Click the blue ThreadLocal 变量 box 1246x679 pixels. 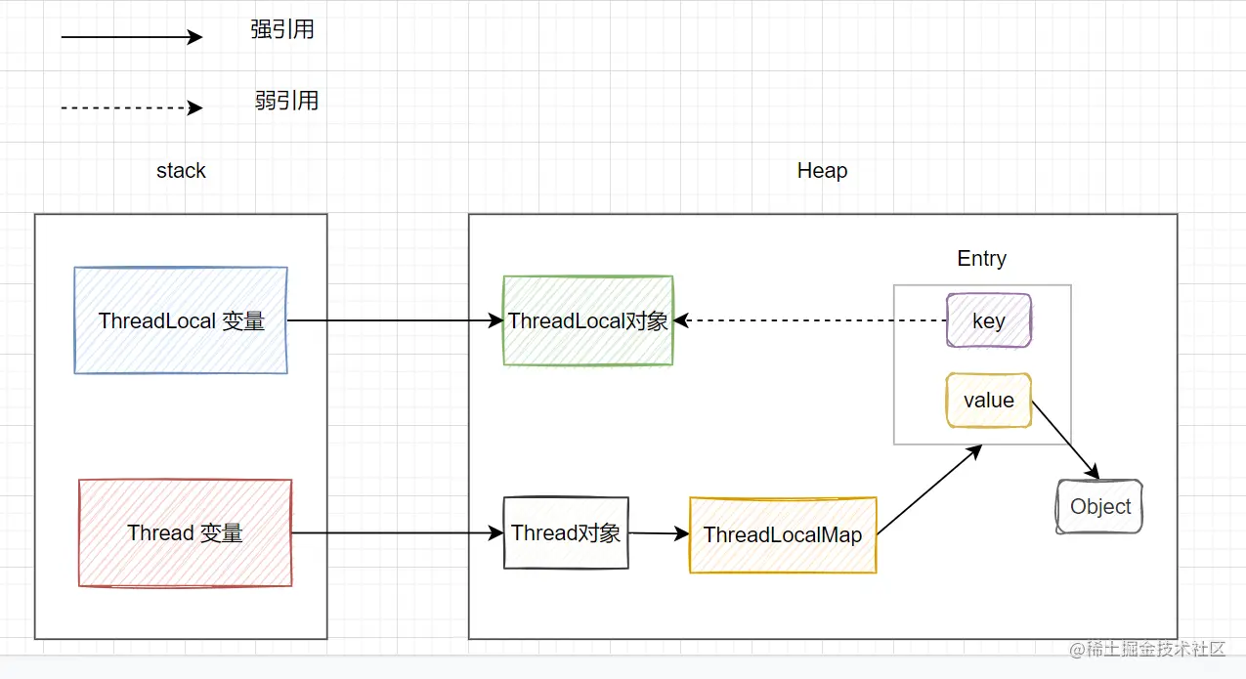click(181, 320)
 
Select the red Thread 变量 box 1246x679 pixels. click(186, 532)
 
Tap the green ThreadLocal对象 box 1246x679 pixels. click(588, 320)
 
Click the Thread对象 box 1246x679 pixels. click(566, 532)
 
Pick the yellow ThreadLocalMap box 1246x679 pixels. click(783, 534)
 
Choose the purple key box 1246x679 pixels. click(988, 320)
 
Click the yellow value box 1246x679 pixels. click(988, 401)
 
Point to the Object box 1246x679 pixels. click(1099, 506)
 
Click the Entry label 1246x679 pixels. click(982, 258)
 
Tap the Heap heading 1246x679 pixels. click(822, 170)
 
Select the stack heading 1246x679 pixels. click(181, 170)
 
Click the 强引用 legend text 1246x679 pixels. click(282, 29)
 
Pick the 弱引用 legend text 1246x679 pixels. click(286, 101)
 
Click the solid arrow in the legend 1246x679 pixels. click(132, 37)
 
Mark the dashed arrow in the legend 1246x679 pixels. click(132, 107)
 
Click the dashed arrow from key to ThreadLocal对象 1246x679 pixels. click(810, 320)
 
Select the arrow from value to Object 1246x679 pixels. click(1065, 440)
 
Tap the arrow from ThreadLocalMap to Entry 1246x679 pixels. click(929, 489)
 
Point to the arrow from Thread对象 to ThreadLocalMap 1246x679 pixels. click(659, 533)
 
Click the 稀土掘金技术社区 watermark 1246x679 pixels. click(1147, 649)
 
